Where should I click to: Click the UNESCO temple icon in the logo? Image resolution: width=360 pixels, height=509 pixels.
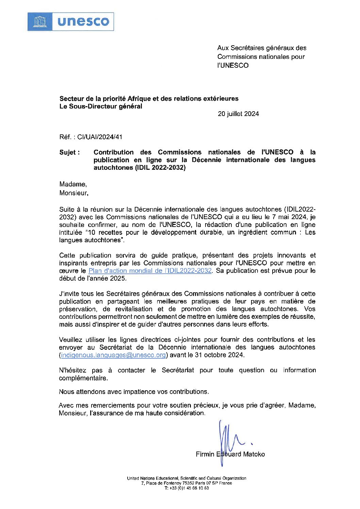(x=39, y=22)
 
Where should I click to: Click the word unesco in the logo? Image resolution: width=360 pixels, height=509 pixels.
(x=83, y=22)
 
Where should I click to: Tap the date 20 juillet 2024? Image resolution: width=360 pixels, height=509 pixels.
(x=238, y=114)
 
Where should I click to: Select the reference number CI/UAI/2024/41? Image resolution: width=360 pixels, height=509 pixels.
(x=100, y=137)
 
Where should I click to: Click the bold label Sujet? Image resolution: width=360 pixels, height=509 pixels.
(x=69, y=152)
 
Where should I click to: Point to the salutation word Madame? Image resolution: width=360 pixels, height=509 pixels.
(x=73, y=184)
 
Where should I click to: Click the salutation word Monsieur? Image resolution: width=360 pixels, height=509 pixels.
(x=74, y=193)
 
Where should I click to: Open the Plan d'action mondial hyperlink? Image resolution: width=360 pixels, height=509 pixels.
(x=150, y=271)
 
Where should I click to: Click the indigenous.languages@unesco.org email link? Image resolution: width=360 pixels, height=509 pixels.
(x=113, y=355)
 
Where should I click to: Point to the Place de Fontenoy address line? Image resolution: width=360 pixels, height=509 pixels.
(x=186, y=483)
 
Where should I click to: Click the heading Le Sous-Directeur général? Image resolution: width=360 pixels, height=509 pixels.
(x=101, y=106)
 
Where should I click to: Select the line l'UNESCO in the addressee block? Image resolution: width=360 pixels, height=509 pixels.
(x=233, y=66)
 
